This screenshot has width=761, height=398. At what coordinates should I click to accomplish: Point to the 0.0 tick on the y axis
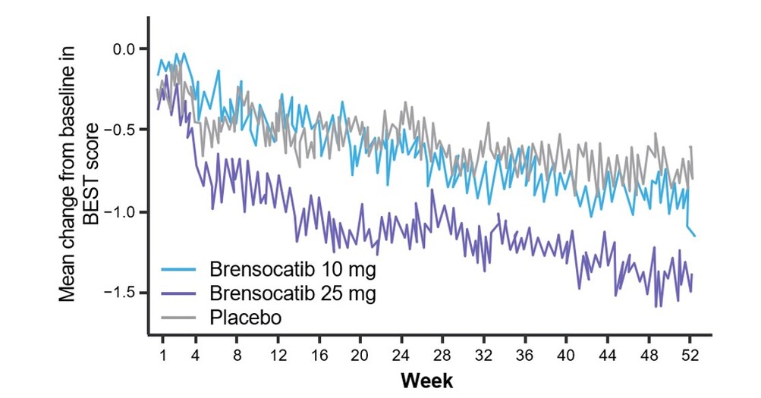coord(123,49)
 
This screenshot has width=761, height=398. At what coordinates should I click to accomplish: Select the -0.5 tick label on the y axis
coord(120,130)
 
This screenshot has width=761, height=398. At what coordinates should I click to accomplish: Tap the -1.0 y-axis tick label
coord(120,212)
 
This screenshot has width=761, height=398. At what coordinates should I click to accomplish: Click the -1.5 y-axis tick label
coord(120,293)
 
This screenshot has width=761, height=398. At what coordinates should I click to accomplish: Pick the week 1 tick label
coord(162,355)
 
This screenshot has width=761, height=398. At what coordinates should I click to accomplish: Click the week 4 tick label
coord(196,355)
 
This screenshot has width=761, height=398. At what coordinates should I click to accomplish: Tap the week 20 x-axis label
coord(360,355)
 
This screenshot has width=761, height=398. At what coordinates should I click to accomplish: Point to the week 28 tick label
coord(443,355)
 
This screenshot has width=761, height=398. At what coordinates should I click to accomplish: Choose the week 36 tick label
coord(525,355)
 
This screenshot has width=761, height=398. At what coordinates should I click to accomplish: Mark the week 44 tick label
coord(608,355)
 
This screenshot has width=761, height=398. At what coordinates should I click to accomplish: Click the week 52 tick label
coord(690,355)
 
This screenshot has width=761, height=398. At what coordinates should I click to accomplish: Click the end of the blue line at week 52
coord(694,236)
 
